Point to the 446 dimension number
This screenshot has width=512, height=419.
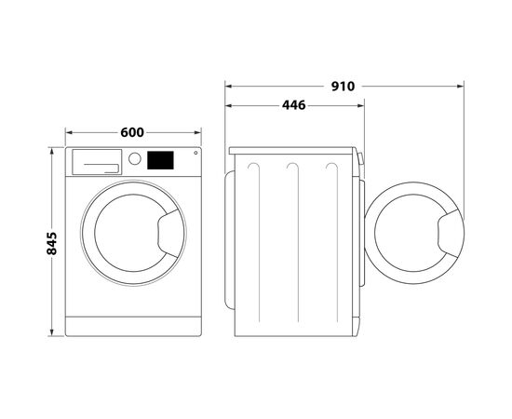click(295, 105)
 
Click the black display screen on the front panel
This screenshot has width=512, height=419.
click(162, 160)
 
